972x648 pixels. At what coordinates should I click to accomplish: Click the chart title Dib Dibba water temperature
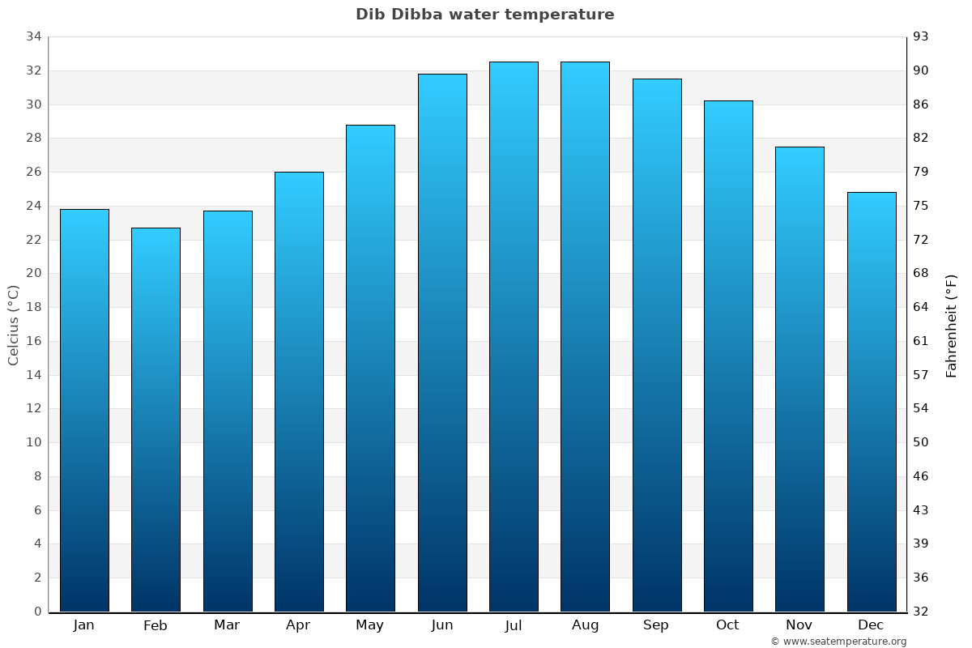click(x=484, y=15)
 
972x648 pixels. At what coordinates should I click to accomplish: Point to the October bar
click(x=728, y=356)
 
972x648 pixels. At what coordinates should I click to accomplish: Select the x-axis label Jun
click(x=442, y=625)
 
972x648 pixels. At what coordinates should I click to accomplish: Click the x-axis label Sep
click(x=656, y=625)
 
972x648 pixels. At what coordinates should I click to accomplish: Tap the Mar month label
click(x=227, y=625)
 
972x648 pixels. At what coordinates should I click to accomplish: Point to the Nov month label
click(x=799, y=625)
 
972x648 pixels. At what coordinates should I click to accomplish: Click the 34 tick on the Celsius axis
click(x=33, y=36)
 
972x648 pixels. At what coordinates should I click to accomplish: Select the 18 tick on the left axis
click(x=33, y=307)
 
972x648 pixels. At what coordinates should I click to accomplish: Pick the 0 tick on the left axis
click(x=37, y=612)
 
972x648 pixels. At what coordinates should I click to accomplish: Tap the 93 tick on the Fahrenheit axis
click(x=922, y=36)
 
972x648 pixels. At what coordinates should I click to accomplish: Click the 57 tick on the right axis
click(x=922, y=375)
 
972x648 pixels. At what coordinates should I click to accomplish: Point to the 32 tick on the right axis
click(x=922, y=612)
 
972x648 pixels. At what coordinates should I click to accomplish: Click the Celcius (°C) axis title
click(x=13, y=324)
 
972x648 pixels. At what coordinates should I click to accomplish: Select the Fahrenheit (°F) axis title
click(x=952, y=326)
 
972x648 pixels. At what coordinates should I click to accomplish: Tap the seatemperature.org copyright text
click(x=838, y=642)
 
